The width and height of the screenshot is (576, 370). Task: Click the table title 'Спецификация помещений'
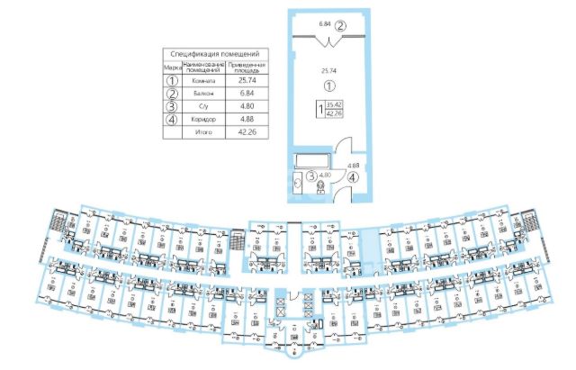tap(215, 55)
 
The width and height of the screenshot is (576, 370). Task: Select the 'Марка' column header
tap(172, 67)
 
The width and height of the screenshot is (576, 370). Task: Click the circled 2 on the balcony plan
tap(340, 25)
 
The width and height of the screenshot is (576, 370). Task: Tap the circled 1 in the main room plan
tap(328, 86)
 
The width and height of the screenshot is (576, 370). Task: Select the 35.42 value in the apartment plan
tap(335, 106)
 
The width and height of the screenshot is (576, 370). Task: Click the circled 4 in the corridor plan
tap(353, 176)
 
